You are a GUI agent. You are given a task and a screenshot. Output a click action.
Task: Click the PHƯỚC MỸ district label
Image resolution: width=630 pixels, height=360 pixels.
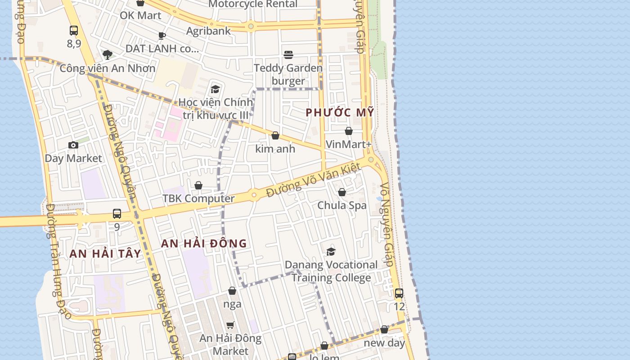340,112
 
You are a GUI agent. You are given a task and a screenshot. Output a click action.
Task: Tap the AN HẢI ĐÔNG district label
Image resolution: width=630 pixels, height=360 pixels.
204,243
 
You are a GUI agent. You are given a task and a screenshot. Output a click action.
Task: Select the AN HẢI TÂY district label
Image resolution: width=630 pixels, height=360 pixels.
105,253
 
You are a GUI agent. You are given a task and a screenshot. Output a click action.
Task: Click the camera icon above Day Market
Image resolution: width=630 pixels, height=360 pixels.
73,145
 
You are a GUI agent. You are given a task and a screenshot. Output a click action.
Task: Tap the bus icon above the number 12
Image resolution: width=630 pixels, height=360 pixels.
399,293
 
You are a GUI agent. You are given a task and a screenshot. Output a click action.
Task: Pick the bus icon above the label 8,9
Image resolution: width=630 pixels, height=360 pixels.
74,31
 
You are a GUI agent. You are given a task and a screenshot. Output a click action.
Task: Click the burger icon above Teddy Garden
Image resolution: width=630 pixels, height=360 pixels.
288,55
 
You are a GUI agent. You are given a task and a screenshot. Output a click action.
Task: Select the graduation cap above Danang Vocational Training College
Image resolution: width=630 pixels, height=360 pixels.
331,252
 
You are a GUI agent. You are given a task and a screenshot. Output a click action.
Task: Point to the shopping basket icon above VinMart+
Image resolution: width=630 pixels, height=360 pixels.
349,131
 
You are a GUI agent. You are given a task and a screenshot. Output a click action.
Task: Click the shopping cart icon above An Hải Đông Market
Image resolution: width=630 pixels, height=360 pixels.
230,325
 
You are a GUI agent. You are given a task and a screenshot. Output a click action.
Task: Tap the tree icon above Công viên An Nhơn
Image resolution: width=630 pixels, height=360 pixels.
107,55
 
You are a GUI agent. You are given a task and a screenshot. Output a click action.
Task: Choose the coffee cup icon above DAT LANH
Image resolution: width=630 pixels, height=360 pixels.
162,36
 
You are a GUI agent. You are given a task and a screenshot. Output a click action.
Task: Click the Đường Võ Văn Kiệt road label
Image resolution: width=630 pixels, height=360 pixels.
313,180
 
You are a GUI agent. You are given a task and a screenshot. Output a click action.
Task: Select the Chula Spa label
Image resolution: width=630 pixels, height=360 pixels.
342,205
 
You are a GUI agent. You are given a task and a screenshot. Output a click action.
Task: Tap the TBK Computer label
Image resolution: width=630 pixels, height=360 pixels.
198,198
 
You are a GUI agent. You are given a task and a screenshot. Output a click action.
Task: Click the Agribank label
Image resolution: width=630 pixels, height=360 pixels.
208,31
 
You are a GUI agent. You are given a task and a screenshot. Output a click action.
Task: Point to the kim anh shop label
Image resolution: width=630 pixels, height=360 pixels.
275,148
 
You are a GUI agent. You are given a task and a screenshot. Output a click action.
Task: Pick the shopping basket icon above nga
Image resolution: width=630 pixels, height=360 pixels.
232,291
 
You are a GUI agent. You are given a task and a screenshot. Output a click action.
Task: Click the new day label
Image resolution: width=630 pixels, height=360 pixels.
385,342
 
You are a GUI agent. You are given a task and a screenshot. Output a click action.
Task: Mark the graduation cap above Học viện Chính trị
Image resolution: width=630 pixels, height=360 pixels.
215,89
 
